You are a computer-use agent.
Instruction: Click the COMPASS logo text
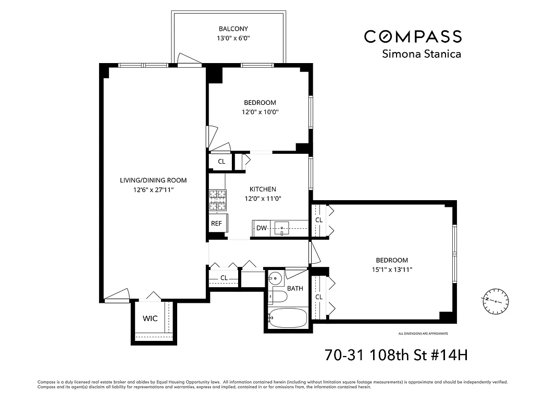click(x=413, y=36)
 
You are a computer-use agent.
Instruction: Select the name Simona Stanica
click(x=422, y=54)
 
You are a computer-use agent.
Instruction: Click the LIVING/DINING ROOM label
click(x=153, y=180)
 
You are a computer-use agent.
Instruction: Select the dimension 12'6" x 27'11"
click(x=153, y=190)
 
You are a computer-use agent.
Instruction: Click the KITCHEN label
click(x=263, y=189)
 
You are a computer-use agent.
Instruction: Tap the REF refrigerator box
click(x=216, y=224)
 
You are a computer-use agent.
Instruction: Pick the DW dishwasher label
click(x=261, y=228)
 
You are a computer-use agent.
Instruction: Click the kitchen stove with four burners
click(x=218, y=199)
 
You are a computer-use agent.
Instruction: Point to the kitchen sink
click(x=282, y=228)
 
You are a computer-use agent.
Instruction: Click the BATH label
click(x=295, y=288)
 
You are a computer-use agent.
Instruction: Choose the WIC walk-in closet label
click(x=150, y=318)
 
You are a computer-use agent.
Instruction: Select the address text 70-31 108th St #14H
click(x=396, y=355)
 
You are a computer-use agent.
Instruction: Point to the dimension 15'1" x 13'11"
click(x=391, y=269)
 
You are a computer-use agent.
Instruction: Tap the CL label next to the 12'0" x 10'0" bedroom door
click(x=221, y=162)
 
